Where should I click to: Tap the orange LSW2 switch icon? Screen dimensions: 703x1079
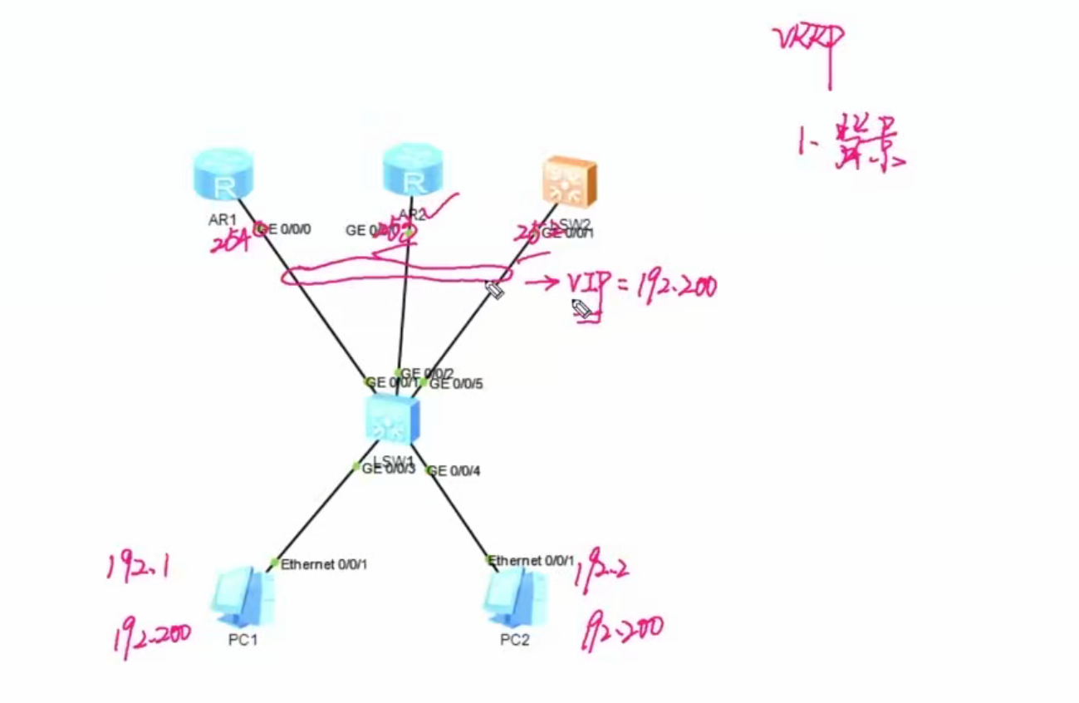click(569, 180)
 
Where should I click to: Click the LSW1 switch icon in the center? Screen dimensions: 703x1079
click(392, 420)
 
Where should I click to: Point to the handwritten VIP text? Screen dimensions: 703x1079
click(589, 285)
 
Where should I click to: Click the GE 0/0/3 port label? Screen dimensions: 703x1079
click(388, 468)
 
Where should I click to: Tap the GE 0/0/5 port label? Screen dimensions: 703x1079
click(455, 384)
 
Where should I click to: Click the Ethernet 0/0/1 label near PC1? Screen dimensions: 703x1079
click(324, 564)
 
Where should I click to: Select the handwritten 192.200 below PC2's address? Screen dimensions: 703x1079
click(623, 630)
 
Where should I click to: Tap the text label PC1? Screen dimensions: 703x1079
click(239, 640)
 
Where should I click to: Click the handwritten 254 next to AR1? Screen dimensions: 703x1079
click(229, 242)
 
